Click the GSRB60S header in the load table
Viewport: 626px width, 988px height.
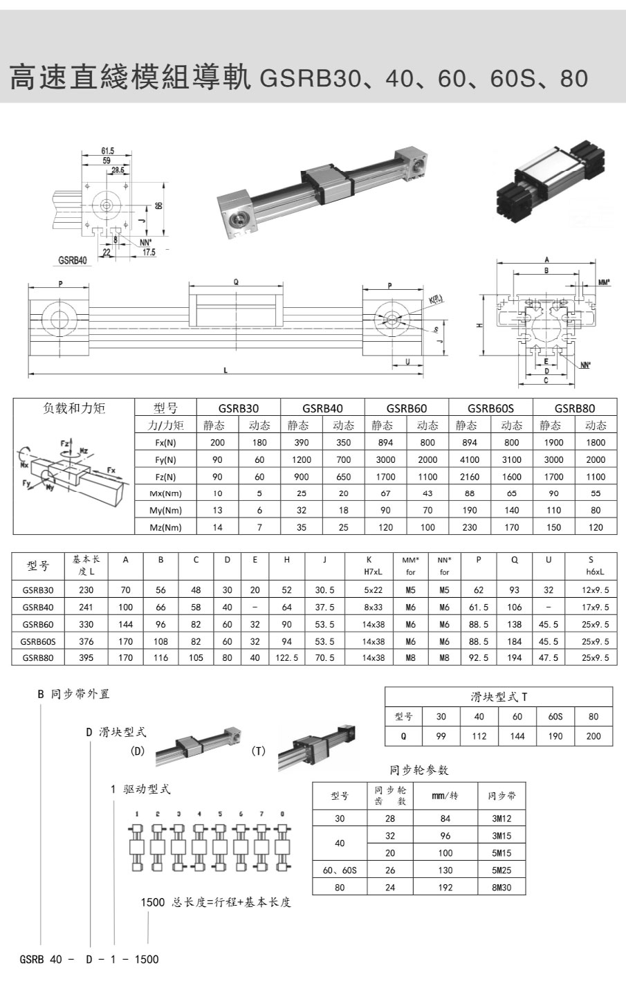[x=490, y=408]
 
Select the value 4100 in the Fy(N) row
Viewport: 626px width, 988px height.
[x=469, y=459]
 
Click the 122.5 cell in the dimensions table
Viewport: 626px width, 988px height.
[x=286, y=658]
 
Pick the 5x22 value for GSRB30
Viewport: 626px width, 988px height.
[x=374, y=590]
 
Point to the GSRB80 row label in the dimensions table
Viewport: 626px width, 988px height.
[x=39, y=658]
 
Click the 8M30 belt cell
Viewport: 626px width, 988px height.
[x=501, y=887]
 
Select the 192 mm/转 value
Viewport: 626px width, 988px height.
[x=445, y=887]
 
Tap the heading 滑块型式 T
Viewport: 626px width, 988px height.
[x=499, y=697]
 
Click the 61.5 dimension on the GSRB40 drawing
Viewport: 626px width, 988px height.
[x=107, y=150]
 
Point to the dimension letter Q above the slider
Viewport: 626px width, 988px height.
[x=236, y=282]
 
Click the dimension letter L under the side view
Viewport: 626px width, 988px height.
[x=225, y=371]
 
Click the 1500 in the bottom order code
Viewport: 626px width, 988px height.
[x=146, y=959]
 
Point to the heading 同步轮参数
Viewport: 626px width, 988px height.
[x=418, y=770]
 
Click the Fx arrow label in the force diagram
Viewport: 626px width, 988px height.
[x=112, y=470]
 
